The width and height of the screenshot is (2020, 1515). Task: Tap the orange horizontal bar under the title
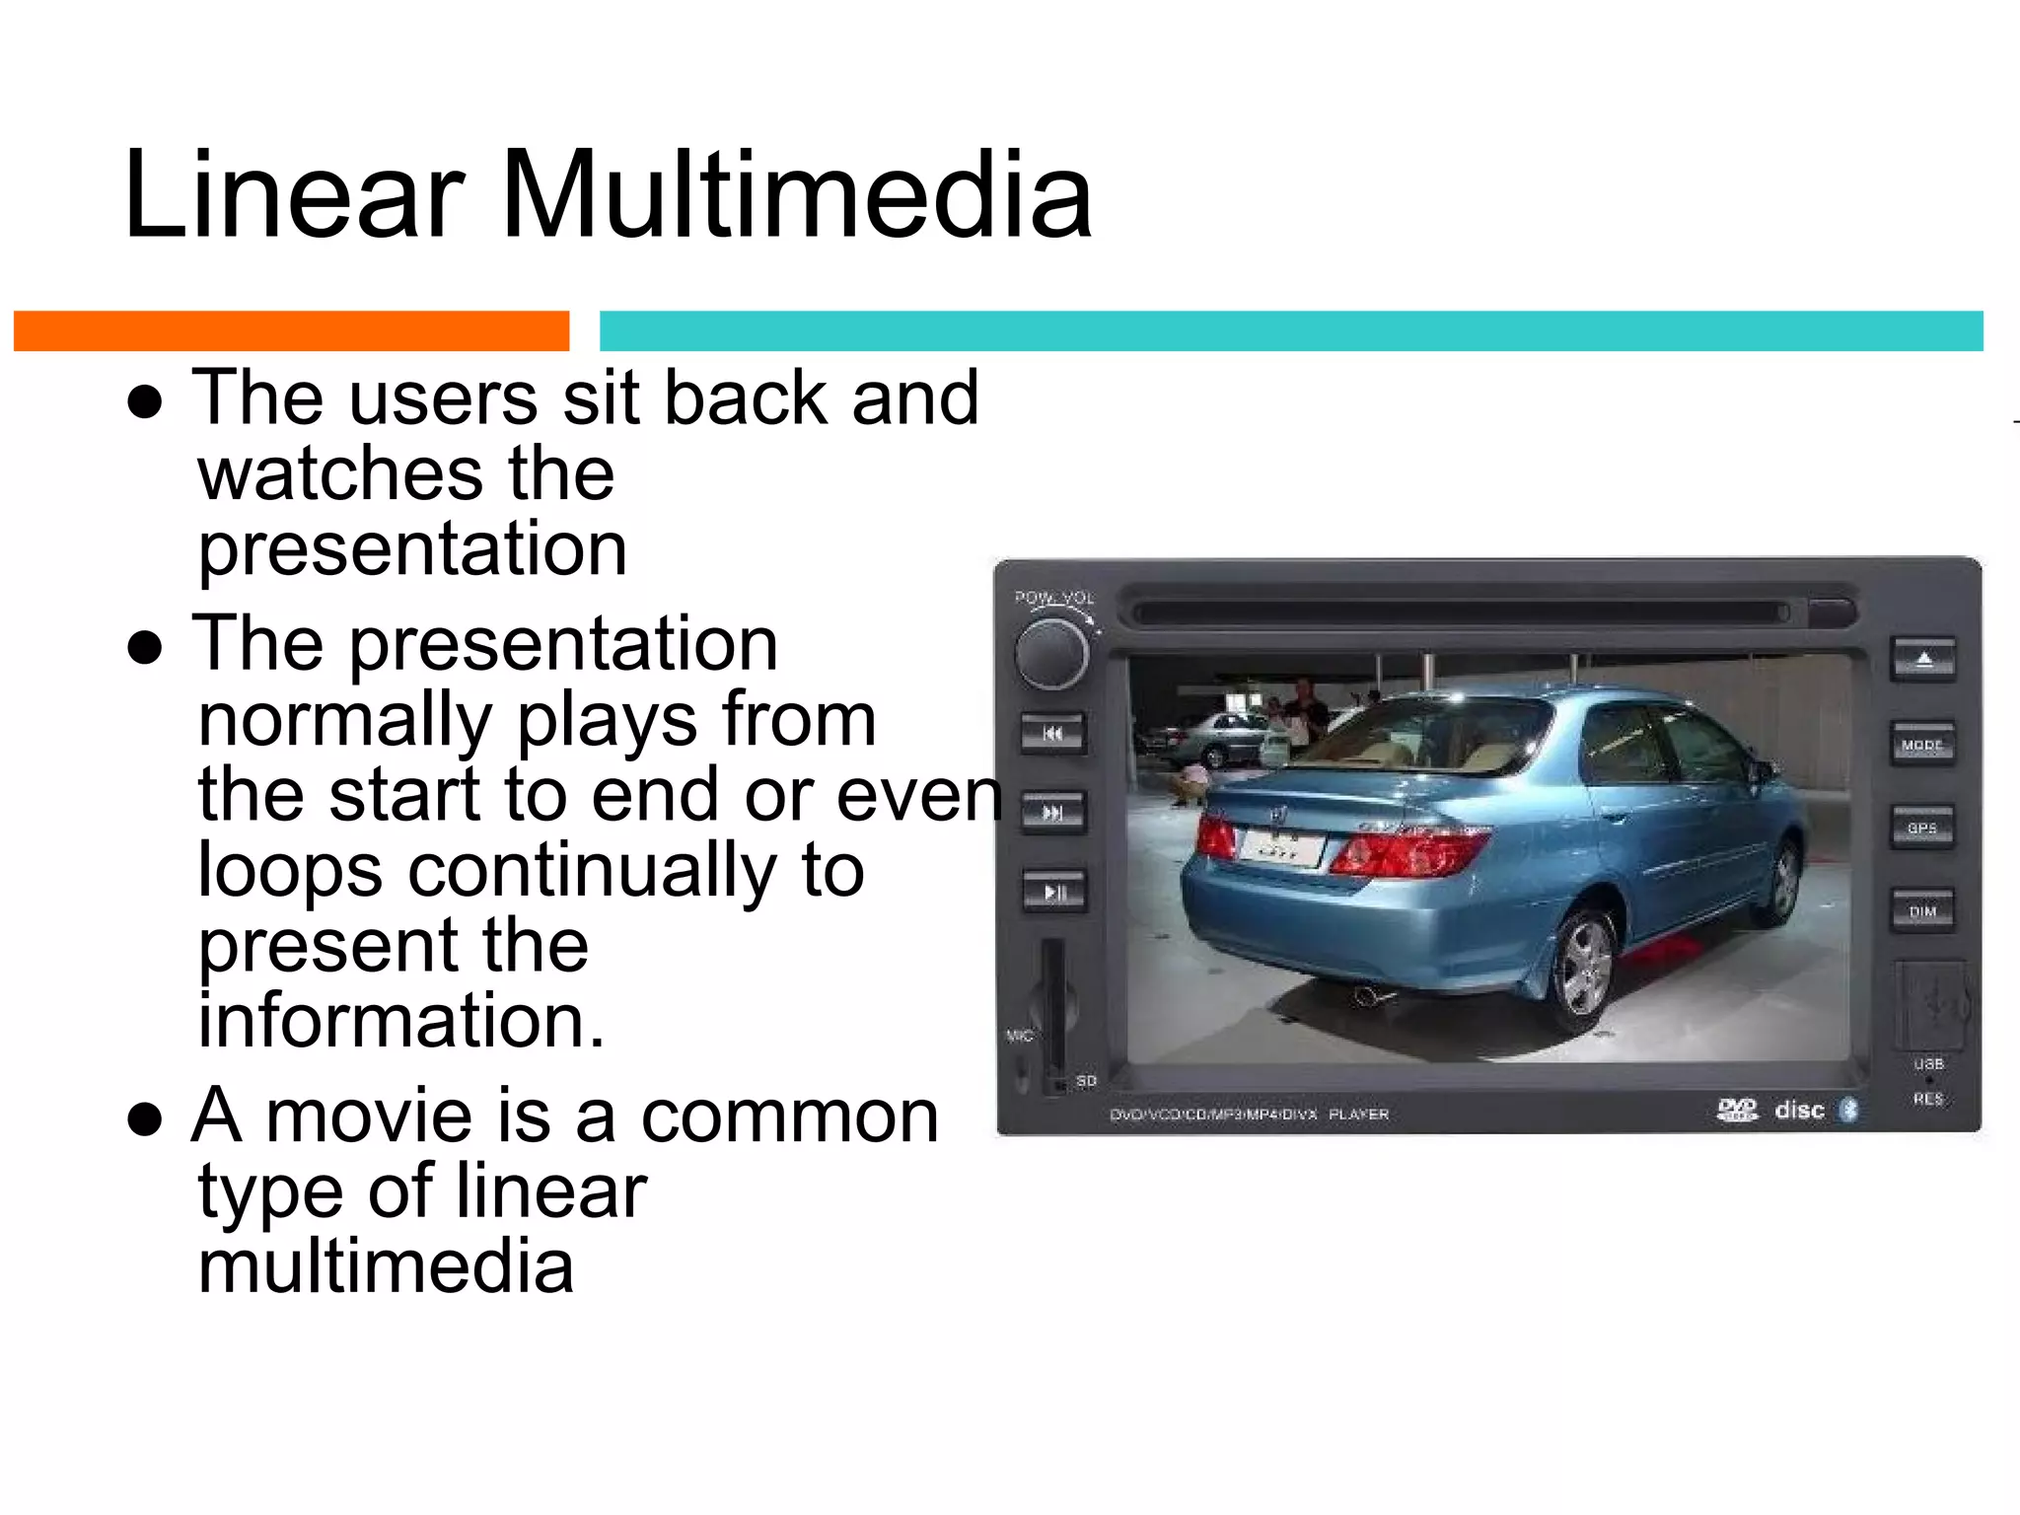point(291,330)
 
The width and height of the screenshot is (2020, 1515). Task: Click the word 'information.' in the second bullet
point(400,1021)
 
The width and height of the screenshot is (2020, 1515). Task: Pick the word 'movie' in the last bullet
point(380,1117)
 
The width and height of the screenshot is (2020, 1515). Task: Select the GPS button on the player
point(1922,828)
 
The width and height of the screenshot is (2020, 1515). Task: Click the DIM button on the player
point(1922,911)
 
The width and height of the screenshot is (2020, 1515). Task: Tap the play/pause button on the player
point(1053,892)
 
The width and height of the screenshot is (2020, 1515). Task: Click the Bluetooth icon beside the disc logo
point(1849,1110)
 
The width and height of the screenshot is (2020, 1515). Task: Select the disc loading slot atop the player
point(1460,613)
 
